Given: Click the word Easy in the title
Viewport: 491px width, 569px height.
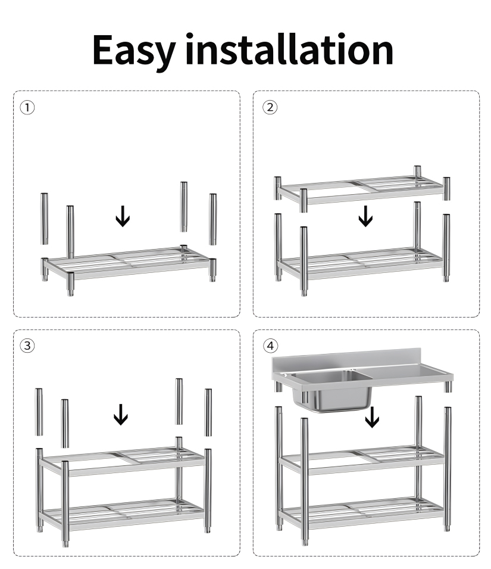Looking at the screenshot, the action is [x=135, y=51].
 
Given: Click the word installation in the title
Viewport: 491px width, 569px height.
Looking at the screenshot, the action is [x=289, y=49].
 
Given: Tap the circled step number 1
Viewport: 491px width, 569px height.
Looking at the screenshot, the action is [x=27, y=108].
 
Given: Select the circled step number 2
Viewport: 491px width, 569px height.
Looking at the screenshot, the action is [x=270, y=107].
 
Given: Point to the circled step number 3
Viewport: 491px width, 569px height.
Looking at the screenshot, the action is [x=27, y=346].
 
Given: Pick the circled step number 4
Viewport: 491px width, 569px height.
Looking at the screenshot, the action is [x=270, y=346].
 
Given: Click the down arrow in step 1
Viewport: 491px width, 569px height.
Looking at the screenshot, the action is [x=123, y=216].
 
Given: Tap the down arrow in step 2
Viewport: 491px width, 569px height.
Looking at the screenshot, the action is [x=365, y=216].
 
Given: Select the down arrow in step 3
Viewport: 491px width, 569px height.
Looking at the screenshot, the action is [x=121, y=415].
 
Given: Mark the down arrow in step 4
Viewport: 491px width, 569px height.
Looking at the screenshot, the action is [x=372, y=417].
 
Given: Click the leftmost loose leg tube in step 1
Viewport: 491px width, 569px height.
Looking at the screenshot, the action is [x=44, y=219].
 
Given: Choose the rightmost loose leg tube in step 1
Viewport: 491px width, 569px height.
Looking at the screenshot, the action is [x=212, y=219].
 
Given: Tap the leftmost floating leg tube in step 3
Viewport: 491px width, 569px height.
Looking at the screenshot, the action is [x=39, y=412].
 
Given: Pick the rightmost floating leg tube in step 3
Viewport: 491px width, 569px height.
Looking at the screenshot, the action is [x=208, y=412].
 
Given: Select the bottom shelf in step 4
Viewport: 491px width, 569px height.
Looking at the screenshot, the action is [x=362, y=512].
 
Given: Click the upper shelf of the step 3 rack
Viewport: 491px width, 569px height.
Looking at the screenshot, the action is [x=122, y=461].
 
